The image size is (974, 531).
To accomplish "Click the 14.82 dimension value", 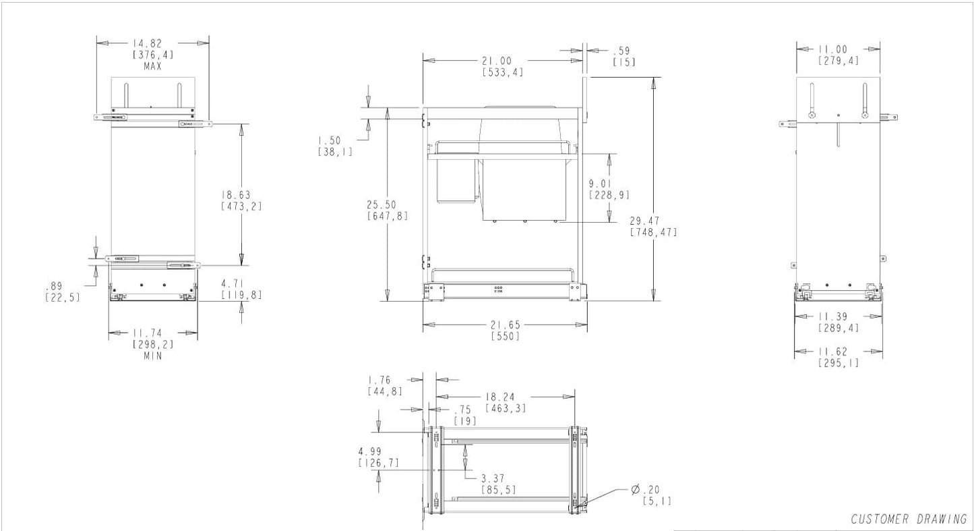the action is click(148, 44).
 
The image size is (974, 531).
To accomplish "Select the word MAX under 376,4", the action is click(152, 66).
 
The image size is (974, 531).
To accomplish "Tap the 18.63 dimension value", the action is click(236, 195).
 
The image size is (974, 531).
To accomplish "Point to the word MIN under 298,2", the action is click(152, 356).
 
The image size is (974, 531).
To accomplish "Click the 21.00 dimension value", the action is click(497, 61).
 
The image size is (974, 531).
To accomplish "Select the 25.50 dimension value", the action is click(382, 204).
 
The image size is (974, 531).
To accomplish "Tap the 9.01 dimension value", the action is click(600, 184).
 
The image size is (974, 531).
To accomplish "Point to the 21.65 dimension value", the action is click(506, 325).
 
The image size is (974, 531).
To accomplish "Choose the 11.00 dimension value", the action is click(832, 50).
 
